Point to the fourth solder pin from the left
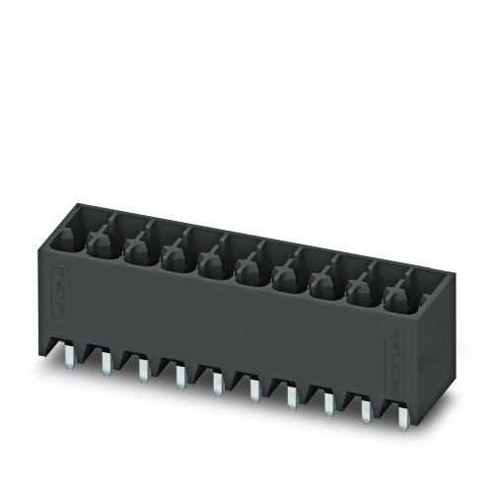pos(178,377)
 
